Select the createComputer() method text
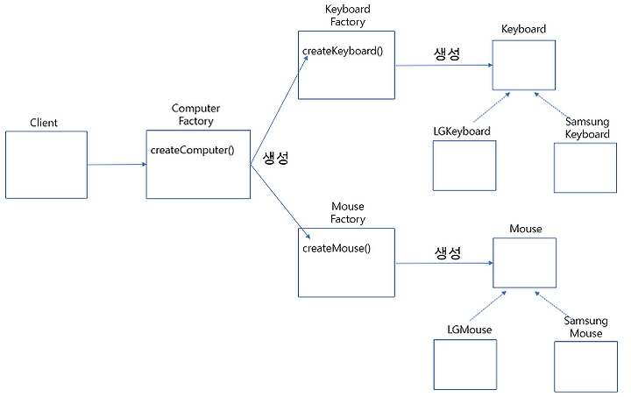(192, 150)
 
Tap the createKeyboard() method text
(343, 51)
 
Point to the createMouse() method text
(337, 249)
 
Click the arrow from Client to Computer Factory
(117, 164)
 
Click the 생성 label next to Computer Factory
(276, 157)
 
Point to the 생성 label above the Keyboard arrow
(447, 53)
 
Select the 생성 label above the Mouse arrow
(448, 253)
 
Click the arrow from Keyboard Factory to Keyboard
(444, 65)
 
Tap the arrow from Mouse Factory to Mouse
(444, 263)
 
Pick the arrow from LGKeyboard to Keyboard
(492, 108)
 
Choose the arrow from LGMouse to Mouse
(488, 306)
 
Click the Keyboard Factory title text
(348, 15)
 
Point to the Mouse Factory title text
(348, 213)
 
